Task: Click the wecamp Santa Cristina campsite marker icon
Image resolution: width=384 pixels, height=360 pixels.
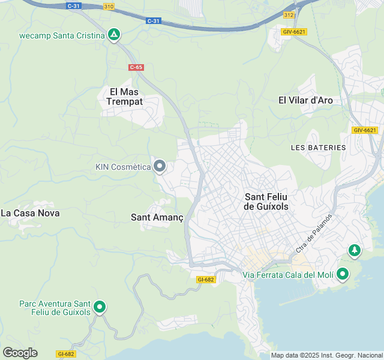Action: pos(114,35)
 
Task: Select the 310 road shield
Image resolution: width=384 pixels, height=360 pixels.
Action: pos(109,7)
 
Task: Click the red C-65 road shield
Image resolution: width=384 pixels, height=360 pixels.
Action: pos(136,67)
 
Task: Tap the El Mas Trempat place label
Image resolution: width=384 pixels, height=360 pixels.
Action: pos(125,97)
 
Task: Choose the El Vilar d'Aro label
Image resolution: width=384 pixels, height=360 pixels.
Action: pos(305,100)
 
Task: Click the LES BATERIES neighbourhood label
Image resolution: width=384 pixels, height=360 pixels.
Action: pos(318,148)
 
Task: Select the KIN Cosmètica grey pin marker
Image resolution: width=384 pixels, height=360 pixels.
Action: pos(160,166)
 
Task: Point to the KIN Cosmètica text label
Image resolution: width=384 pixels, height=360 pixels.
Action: pos(123,167)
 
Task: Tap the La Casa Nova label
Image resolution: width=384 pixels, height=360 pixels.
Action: pos(30,213)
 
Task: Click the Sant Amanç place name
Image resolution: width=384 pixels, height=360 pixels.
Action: pos(157,218)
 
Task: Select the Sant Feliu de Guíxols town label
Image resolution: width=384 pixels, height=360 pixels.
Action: pos(267,202)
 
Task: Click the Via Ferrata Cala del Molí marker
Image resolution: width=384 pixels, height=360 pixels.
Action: pos(343,274)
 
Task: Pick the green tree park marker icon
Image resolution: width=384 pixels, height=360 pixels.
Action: pos(355,250)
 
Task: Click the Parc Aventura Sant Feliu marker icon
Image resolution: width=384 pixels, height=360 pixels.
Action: pos(100,308)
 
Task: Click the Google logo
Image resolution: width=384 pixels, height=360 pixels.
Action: pos(20,353)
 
